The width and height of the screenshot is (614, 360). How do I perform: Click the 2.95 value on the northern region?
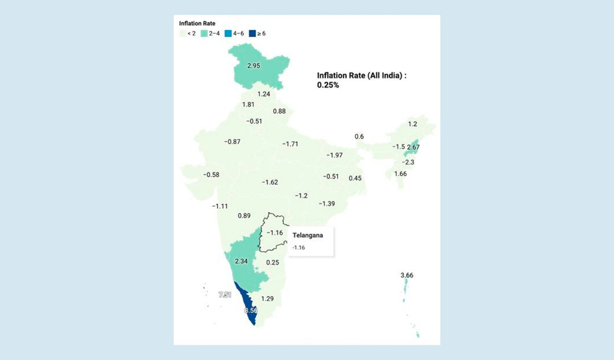[253, 66]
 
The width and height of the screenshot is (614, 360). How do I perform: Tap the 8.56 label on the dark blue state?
[251, 311]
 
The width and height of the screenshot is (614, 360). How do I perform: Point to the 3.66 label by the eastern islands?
[407, 276]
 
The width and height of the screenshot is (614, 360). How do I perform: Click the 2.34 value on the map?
[241, 261]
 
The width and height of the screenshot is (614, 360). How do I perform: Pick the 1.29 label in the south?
[267, 299]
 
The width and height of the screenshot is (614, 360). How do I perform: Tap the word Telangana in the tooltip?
[307, 235]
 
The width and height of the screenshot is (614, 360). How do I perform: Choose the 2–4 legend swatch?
[203, 34]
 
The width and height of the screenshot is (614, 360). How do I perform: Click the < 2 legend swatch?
[182, 34]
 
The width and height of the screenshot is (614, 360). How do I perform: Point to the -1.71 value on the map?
[290, 144]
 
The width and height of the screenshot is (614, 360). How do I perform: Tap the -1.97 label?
[334, 155]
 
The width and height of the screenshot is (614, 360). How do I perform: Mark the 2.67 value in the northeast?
[413, 147]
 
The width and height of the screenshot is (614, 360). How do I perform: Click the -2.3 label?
[408, 162]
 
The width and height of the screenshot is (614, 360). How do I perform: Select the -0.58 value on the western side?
[211, 175]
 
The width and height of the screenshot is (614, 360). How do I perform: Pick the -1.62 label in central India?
[270, 182]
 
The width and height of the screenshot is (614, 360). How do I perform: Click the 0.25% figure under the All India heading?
[328, 85]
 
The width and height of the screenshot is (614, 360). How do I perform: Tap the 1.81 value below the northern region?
[248, 105]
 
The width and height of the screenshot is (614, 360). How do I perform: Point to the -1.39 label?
[327, 204]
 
